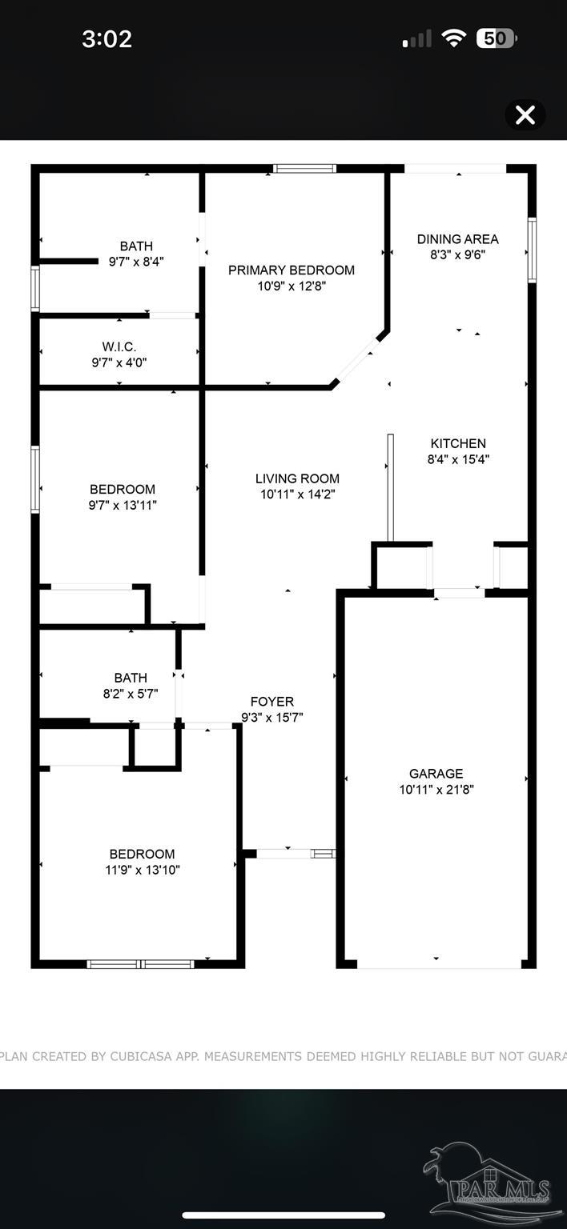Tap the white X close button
click(525, 115)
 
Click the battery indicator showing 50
click(497, 38)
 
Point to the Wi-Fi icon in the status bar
click(453, 38)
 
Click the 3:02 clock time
click(107, 39)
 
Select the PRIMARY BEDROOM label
click(292, 270)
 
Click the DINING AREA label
click(457, 239)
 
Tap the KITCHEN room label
click(458, 443)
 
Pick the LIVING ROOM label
click(297, 478)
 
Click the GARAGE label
click(436, 774)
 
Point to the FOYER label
click(272, 702)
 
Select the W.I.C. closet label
click(119, 346)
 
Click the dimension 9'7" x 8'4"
click(136, 262)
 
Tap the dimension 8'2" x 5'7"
click(131, 694)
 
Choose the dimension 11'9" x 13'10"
click(143, 870)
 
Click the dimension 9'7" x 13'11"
click(123, 505)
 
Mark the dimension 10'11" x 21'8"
click(436, 790)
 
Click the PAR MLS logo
click(487, 1185)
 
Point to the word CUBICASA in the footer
click(141, 1056)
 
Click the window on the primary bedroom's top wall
click(304, 169)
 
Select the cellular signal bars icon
click(416, 39)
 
